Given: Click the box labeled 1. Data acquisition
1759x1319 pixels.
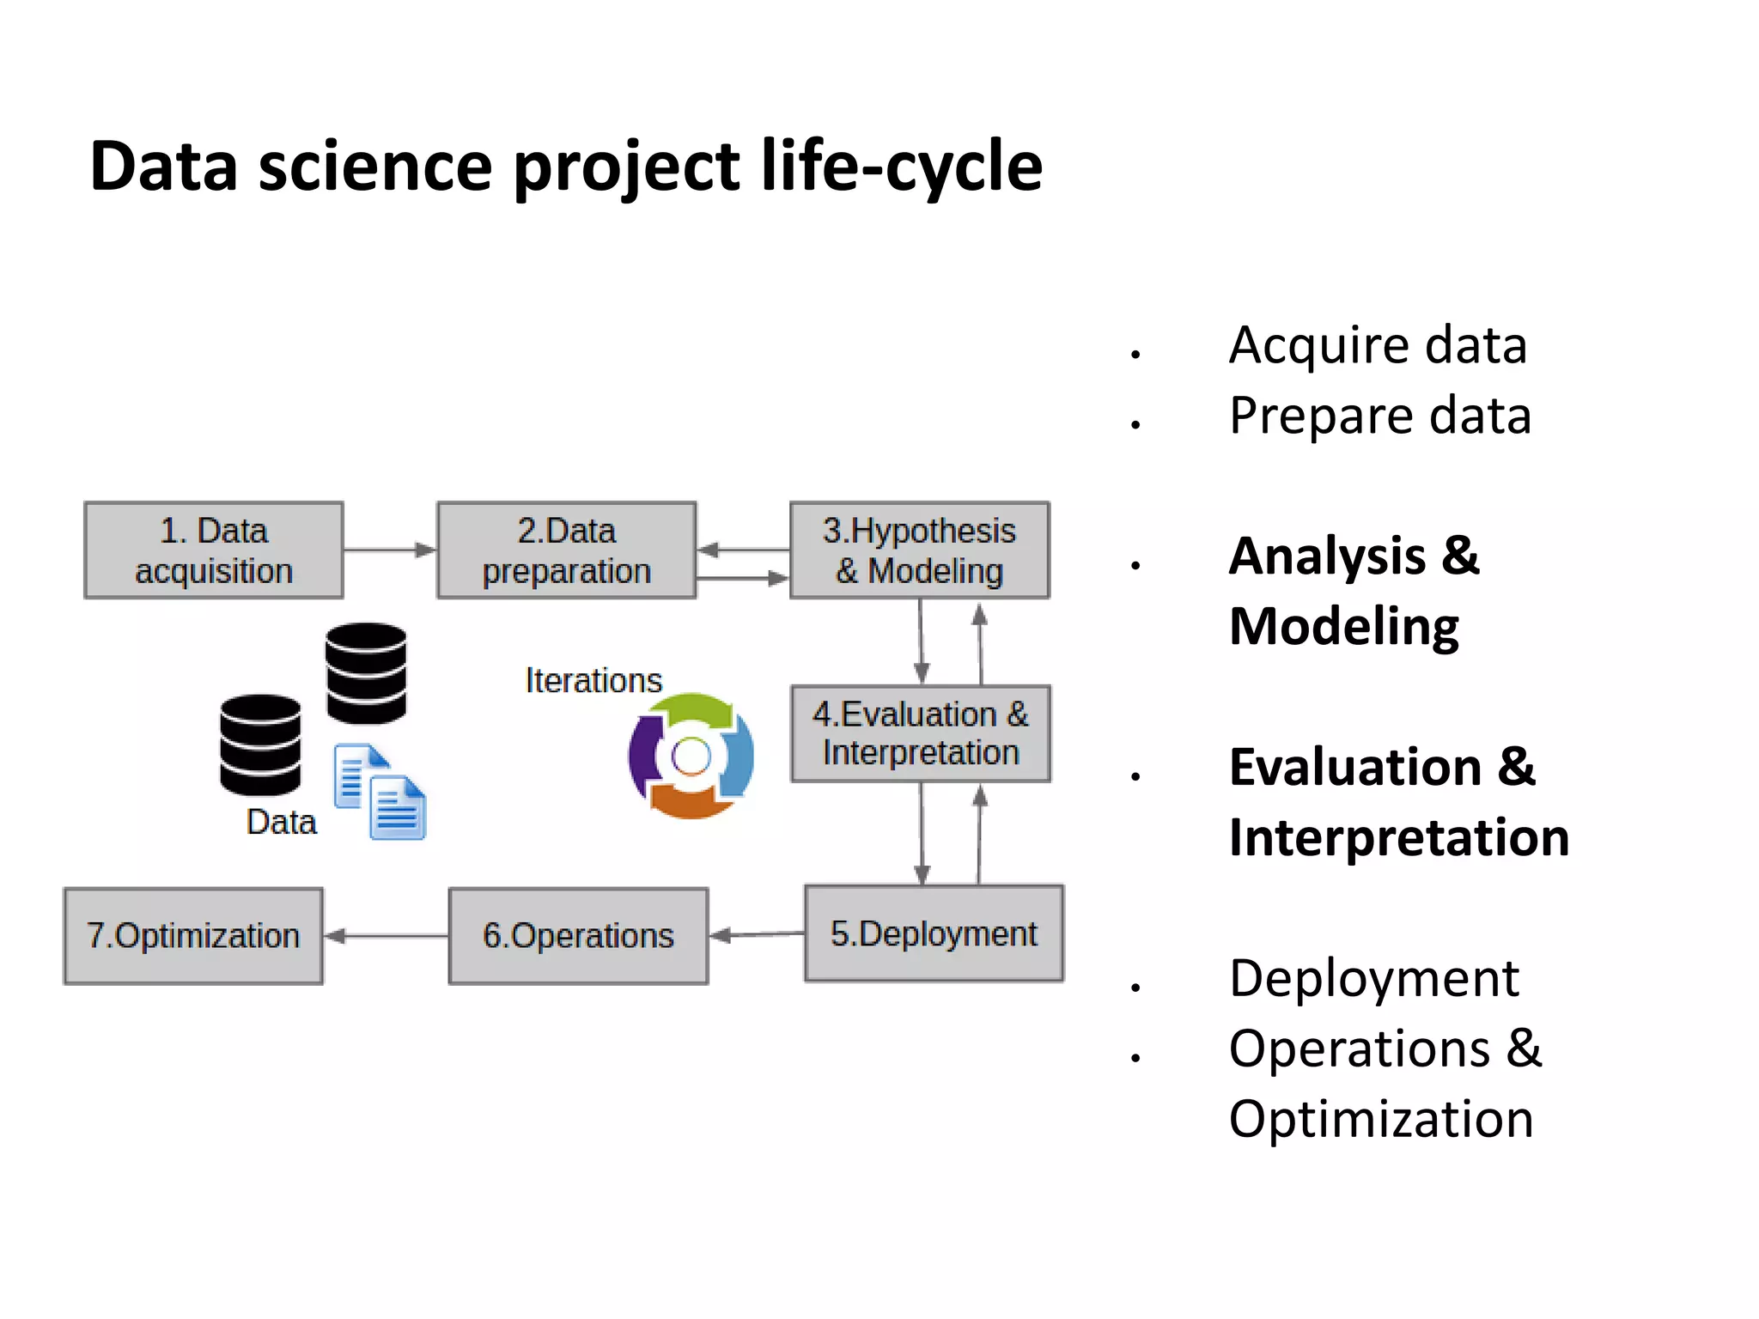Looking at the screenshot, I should [x=214, y=550].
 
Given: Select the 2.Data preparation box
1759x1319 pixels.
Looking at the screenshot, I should [x=566, y=550].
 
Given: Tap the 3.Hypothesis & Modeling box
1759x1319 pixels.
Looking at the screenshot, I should [x=919, y=550].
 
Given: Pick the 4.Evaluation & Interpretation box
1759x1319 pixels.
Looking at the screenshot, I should [x=920, y=733].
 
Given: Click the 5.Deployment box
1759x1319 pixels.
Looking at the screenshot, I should [x=934, y=933].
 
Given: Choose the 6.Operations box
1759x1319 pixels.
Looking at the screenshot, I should [x=578, y=936].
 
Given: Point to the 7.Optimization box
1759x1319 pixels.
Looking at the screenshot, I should [x=193, y=936].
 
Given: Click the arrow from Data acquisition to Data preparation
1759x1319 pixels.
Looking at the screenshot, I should [x=390, y=550].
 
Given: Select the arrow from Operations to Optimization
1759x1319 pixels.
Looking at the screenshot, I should [x=386, y=936].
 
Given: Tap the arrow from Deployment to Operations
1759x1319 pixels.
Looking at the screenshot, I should [x=756, y=934].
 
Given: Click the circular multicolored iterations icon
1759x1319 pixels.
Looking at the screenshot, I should [x=691, y=757].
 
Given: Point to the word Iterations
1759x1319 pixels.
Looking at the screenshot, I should [x=593, y=680].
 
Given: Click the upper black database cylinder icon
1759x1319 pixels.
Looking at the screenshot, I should [x=366, y=673].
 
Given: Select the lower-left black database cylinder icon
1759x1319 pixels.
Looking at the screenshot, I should [x=260, y=745].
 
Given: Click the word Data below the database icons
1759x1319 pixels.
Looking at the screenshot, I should [x=281, y=822].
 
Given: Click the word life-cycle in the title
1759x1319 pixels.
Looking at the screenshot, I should [x=901, y=165].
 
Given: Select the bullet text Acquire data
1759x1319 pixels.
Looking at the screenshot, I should [x=1378, y=345].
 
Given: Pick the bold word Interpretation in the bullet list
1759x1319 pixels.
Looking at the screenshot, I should [x=1399, y=837].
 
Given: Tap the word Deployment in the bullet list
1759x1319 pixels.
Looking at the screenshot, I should [x=1374, y=978].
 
